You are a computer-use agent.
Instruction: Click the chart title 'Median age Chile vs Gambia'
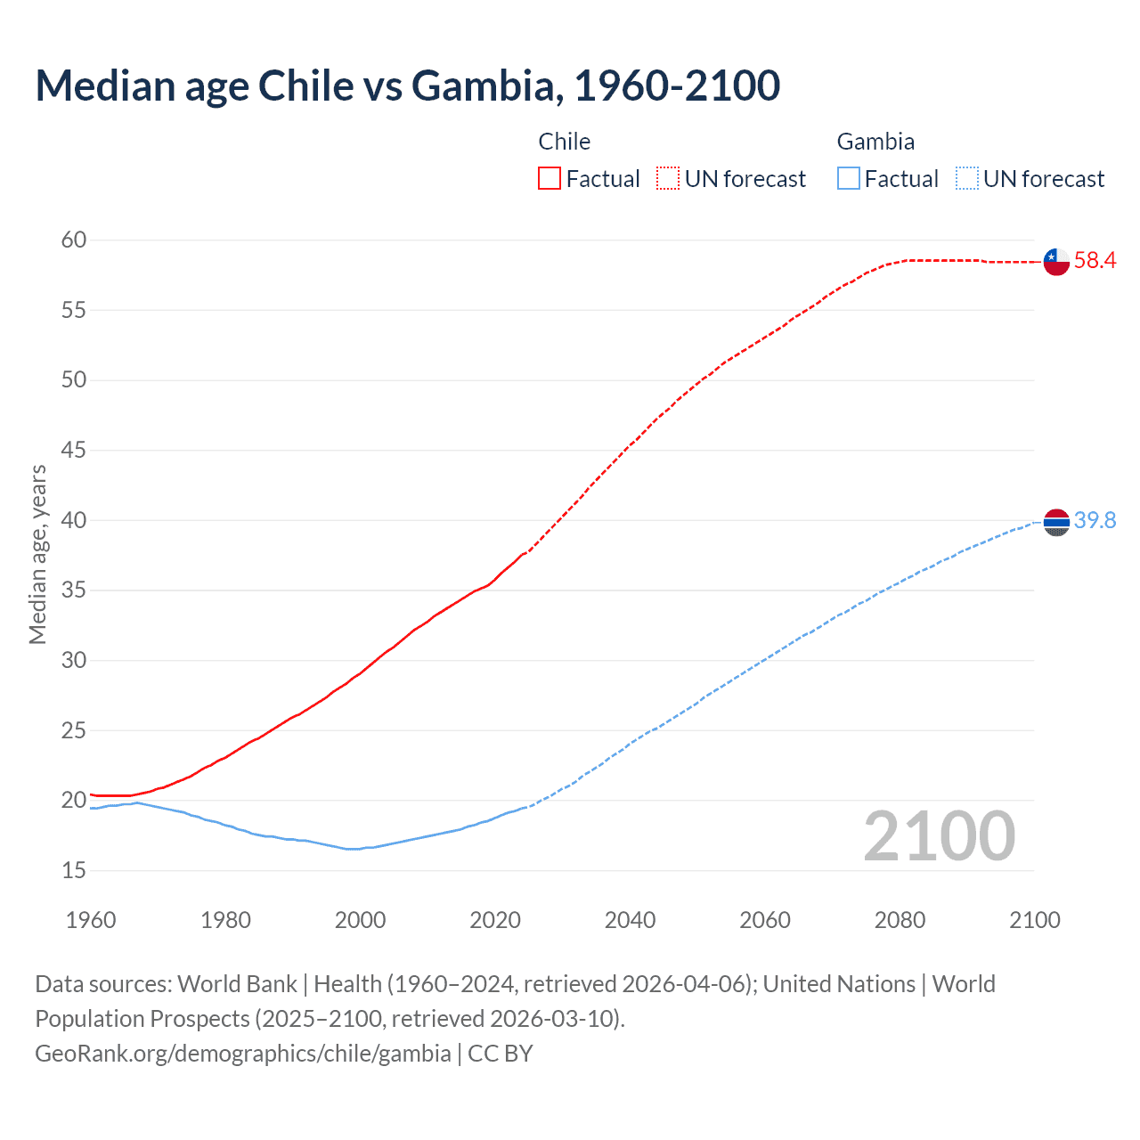click(x=407, y=85)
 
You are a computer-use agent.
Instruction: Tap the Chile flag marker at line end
click(x=1056, y=262)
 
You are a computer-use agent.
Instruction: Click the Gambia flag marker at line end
click(x=1056, y=522)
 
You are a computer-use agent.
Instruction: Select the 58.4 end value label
click(x=1095, y=261)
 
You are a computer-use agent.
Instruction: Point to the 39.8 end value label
click(x=1095, y=521)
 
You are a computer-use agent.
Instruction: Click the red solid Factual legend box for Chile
click(x=550, y=179)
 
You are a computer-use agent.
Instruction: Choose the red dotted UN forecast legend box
click(x=668, y=179)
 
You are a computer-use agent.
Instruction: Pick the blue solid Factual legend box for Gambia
click(x=848, y=179)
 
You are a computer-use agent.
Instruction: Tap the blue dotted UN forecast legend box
click(x=966, y=179)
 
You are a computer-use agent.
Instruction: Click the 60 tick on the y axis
click(x=74, y=240)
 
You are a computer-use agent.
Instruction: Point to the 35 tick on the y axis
click(x=74, y=590)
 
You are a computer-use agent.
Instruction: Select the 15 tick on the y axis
click(x=74, y=870)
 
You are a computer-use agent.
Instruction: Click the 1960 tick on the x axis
click(x=91, y=920)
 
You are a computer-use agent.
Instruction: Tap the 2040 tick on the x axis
click(x=630, y=920)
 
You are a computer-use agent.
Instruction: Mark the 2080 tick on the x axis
click(x=900, y=920)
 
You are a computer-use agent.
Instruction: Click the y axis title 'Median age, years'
click(x=37, y=554)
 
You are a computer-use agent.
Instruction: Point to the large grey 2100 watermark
click(x=939, y=835)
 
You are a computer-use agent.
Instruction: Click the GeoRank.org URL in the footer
click(x=242, y=1054)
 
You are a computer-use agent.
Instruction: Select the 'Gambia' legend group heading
click(x=875, y=142)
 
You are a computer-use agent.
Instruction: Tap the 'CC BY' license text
click(x=501, y=1054)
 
